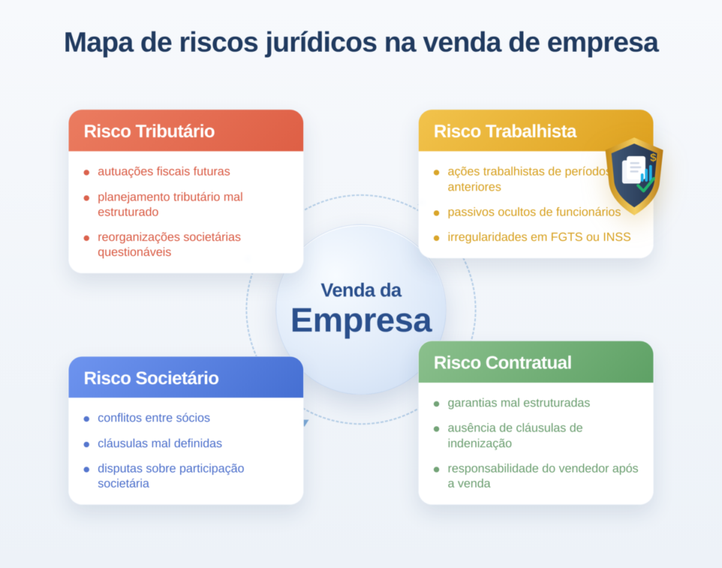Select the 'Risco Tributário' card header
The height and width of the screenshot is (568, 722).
[149, 131]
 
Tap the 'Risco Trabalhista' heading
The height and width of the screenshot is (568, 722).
[505, 131]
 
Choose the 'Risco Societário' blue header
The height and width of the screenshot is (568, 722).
[151, 378]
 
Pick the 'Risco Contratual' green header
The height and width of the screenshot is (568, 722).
[502, 363]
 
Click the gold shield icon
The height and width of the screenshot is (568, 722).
[634, 175]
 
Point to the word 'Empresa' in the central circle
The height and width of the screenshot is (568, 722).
[361, 321]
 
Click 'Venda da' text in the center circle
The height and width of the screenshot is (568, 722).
[361, 290]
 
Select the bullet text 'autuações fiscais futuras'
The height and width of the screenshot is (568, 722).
[163, 171]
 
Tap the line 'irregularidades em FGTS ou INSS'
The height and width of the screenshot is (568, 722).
[538, 237]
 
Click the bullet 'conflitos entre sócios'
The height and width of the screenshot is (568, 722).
[153, 418]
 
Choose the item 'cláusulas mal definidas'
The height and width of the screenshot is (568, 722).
[159, 443]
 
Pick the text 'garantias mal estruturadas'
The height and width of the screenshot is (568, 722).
[518, 403]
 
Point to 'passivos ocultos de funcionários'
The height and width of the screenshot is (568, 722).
[534, 212]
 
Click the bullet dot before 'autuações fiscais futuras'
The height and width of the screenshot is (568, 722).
[86, 172]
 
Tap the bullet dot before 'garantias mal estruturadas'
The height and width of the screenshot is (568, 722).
[436, 403]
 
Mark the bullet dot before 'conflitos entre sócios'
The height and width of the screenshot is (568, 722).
[86, 418]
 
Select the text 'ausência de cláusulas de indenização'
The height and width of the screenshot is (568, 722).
[514, 436]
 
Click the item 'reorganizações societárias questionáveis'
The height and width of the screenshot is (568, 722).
[168, 244]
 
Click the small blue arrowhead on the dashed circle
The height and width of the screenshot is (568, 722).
[305, 423]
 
